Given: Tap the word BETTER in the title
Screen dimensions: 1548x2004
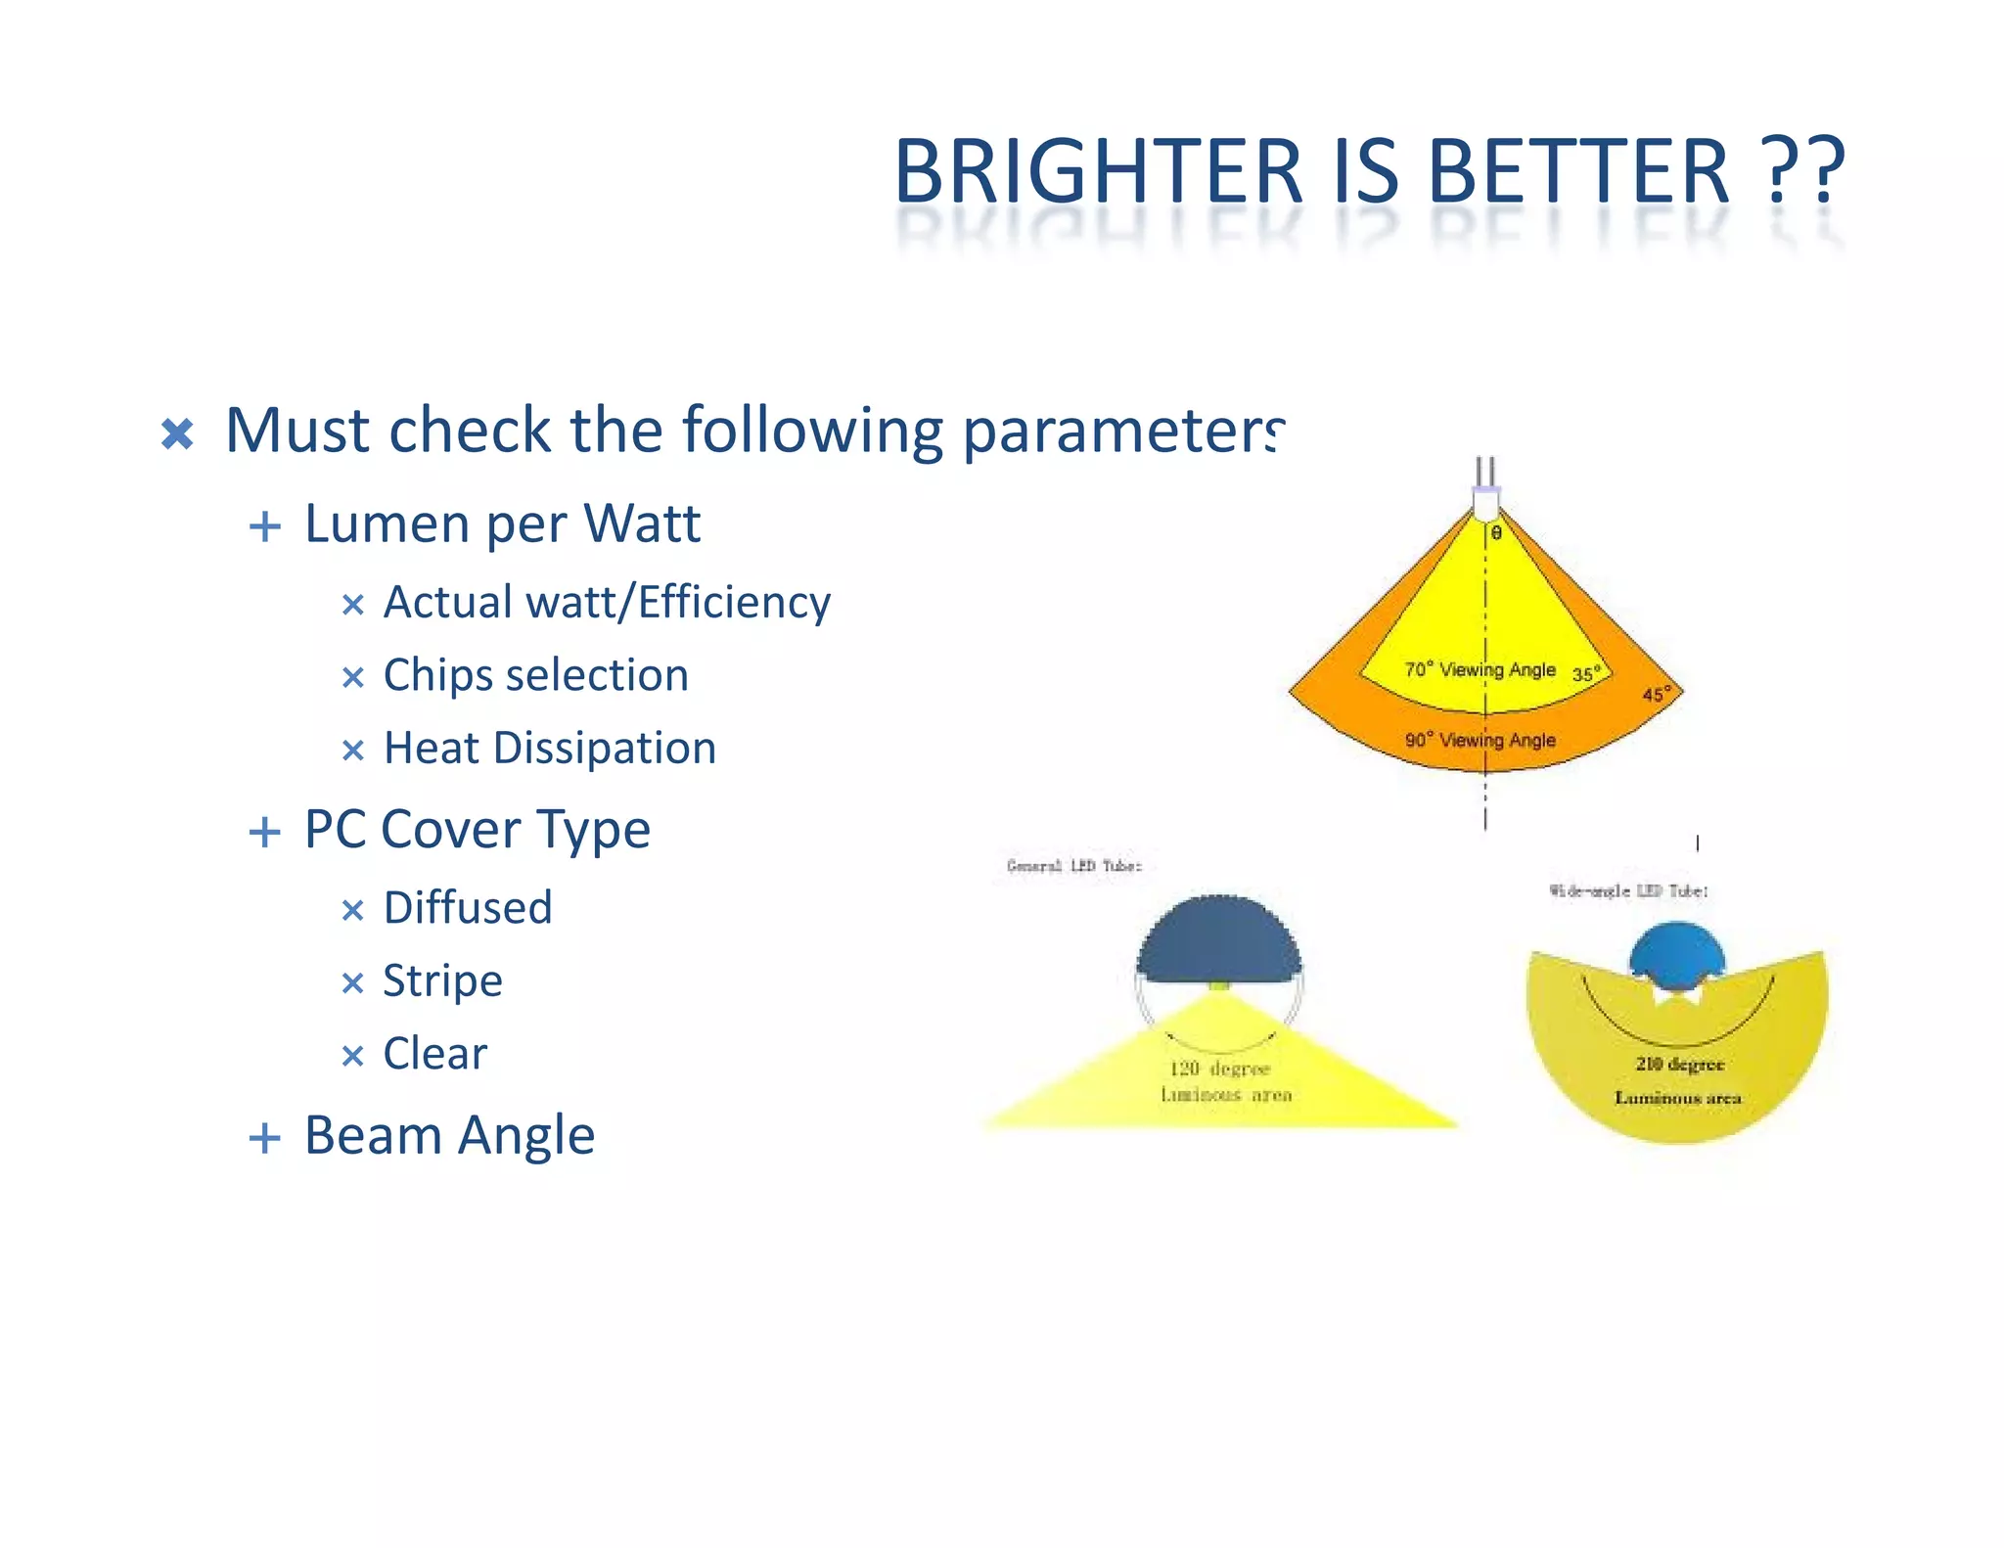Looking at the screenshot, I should click(1578, 171).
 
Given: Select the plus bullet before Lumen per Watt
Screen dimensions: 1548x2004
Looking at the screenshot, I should click(265, 526).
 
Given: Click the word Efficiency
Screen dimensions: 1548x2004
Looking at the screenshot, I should click(734, 602).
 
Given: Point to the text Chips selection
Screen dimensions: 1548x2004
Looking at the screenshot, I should click(535, 675).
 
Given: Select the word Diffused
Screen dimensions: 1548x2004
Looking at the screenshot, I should click(468, 908).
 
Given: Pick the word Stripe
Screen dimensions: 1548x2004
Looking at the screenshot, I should click(442, 981).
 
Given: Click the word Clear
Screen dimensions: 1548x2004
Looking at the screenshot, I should click(434, 1054).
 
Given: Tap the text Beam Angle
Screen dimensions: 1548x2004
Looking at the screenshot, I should click(449, 1136).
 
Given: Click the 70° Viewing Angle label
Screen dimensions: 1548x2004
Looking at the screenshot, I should click(1480, 670).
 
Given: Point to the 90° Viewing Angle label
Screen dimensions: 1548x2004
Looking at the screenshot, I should click(1480, 741).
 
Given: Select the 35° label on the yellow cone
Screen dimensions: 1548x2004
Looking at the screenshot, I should click(1586, 674).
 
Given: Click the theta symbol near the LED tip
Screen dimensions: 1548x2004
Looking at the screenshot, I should click(1496, 533).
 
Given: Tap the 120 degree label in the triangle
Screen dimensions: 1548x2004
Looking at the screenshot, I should click(1219, 1069).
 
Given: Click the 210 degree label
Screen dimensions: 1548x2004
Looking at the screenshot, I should click(1679, 1064).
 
